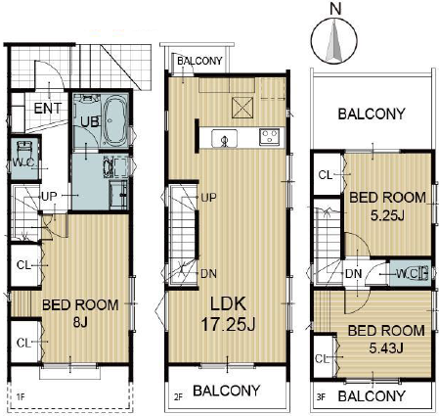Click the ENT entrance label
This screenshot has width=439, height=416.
tap(48, 109)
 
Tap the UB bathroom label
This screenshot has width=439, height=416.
tap(90, 121)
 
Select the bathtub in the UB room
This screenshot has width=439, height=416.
tap(115, 120)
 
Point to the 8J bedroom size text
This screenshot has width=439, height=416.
tap(80, 323)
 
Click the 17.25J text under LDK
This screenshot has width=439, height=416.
tap(228, 325)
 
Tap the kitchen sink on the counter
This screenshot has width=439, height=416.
tap(224, 138)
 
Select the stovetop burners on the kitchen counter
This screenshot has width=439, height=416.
tap(269, 137)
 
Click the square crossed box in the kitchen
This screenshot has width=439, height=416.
tap(242, 108)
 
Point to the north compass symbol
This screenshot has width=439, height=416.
tap(334, 41)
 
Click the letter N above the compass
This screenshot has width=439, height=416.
tap(335, 9)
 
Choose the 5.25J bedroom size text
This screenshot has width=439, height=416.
tap(387, 215)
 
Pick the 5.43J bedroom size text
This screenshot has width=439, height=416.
tap(386, 348)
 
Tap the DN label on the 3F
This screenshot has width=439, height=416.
tap(353, 273)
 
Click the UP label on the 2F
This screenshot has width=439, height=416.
tap(208, 198)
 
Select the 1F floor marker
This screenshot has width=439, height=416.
tap(21, 397)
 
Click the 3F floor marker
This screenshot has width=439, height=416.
tap(321, 397)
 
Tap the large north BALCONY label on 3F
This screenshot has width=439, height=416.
tap(372, 115)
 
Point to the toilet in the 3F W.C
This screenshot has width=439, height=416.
tap(424, 273)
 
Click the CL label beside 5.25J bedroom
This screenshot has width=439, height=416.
tap(326, 175)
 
